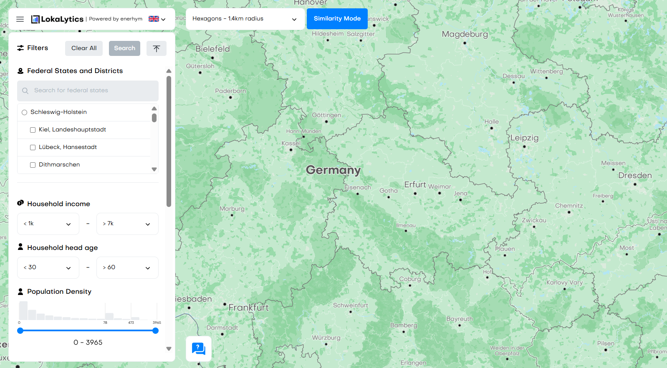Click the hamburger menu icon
20,19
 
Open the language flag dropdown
157,19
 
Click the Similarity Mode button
337,19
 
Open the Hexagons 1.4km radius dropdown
245,19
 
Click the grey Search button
124,48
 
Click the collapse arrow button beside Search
157,48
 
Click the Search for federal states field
88,91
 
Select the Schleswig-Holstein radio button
25,112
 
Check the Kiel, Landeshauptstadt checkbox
33,130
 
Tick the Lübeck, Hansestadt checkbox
33,148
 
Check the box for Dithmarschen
33,165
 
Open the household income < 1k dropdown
48,224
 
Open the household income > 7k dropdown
127,224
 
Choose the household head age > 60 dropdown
127,268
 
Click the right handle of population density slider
156,331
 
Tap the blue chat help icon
199,348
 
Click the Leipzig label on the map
524,138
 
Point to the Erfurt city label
415,184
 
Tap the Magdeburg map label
465,34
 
